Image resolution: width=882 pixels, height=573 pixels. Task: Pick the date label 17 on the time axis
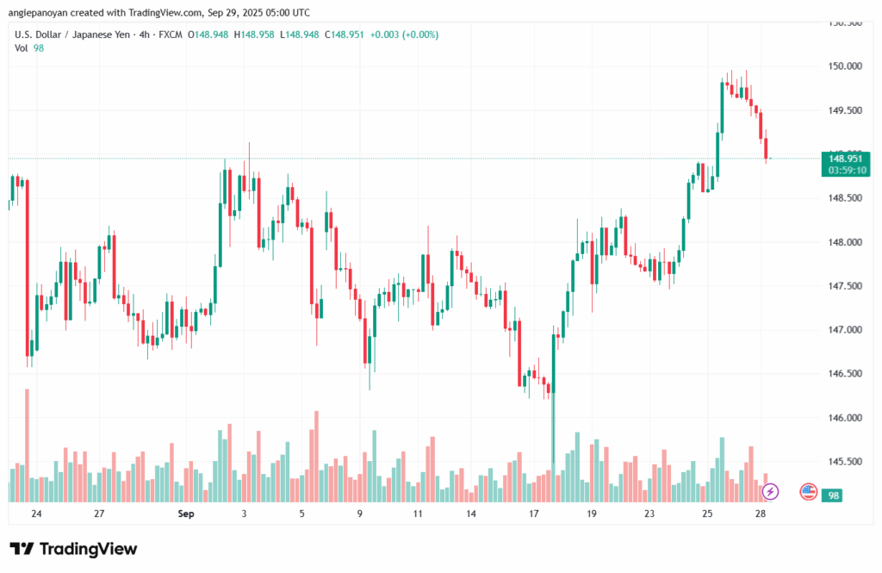pyautogui.click(x=534, y=514)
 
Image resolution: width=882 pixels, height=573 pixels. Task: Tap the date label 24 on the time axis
pyautogui.click(x=36, y=514)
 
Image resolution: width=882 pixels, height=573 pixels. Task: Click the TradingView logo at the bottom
pyautogui.click(x=73, y=549)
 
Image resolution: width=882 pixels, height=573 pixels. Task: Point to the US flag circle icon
pyautogui.click(x=808, y=492)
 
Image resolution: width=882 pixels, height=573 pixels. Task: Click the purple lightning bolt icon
pyautogui.click(x=771, y=491)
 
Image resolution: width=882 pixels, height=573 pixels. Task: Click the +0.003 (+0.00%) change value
pyautogui.click(x=404, y=34)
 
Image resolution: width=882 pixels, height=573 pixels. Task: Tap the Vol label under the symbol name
pyautogui.click(x=22, y=48)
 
